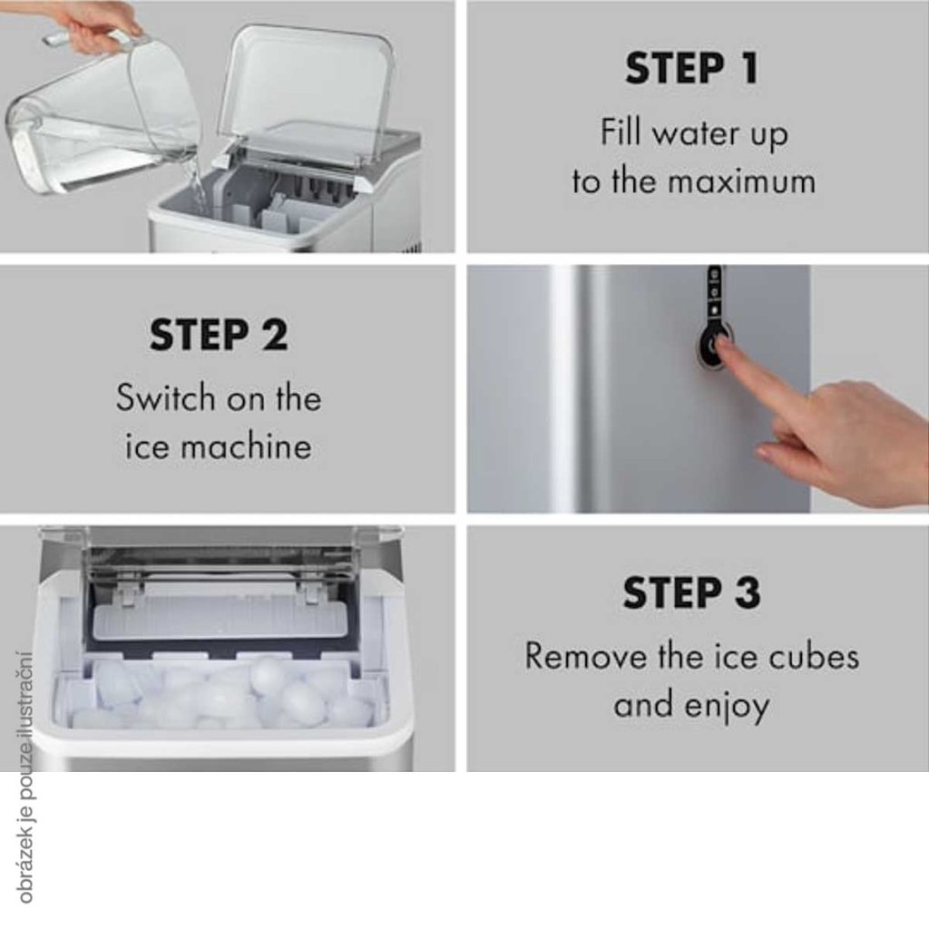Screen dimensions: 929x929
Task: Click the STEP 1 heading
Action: [691, 68]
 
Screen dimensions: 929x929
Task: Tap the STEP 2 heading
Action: [219, 335]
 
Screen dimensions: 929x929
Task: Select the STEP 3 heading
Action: [691, 592]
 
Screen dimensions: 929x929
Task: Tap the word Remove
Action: [585, 657]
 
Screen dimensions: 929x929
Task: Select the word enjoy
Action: [727, 706]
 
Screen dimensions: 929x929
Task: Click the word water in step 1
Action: [697, 134]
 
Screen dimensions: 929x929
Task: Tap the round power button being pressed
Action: [713, 346]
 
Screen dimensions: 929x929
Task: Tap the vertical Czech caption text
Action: [24, 777]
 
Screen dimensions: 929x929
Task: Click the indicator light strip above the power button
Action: [714, 293]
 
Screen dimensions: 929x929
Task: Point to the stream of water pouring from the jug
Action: [196, 183]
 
